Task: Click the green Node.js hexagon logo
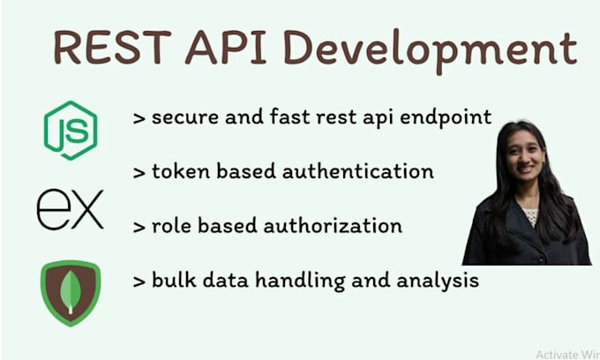click(x=71, y=130)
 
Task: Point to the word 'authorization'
click(x=335, y=227)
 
